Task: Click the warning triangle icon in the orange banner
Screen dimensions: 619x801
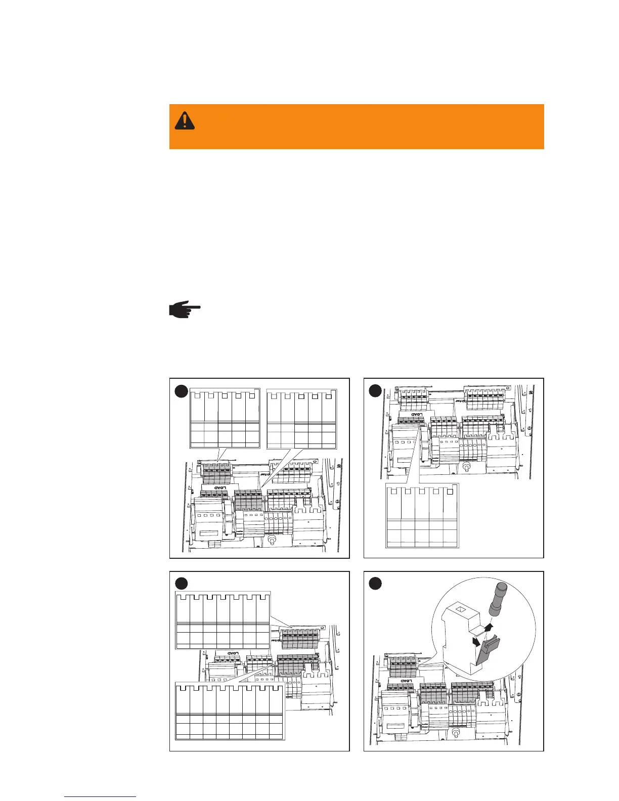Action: (x=185, y=120)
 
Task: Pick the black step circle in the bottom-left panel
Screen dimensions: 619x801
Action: (x=182, y=584)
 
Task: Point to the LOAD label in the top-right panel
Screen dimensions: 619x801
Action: (x=416, y=415)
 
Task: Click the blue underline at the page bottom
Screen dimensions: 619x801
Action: (x=100, y=796)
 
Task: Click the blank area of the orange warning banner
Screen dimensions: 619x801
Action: (x=364, y=126)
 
